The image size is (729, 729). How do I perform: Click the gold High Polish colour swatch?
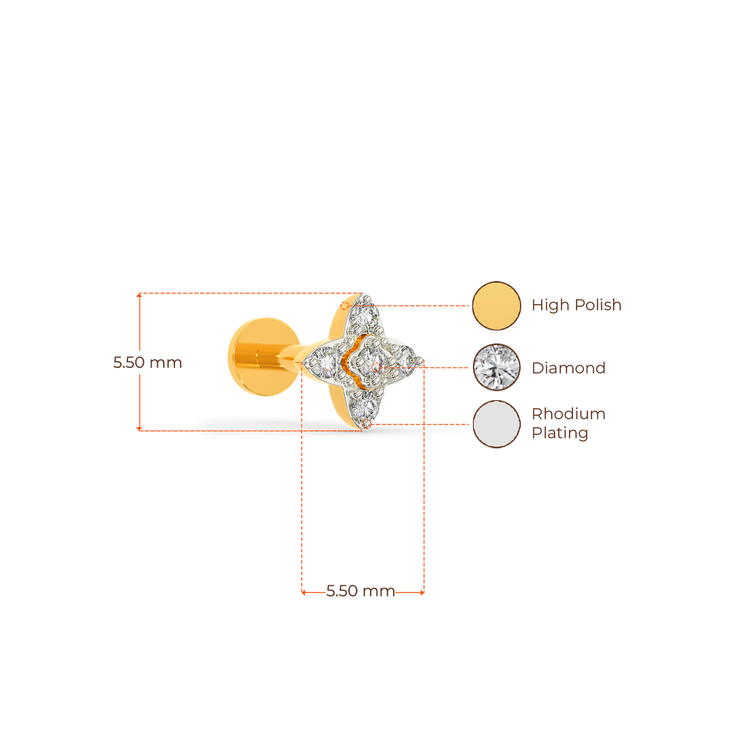497,305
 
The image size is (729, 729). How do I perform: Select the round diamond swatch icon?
497,367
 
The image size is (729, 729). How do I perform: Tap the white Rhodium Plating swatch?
497,424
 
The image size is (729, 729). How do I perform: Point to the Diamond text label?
569,368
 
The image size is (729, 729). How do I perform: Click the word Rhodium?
569,414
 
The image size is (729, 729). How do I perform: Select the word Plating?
560,434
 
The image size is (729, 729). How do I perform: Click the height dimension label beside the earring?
148,362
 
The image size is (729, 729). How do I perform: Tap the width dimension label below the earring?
360,592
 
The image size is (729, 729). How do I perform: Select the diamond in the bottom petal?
366,407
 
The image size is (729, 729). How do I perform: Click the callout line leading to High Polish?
424,305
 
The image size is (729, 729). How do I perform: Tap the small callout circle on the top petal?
345,305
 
